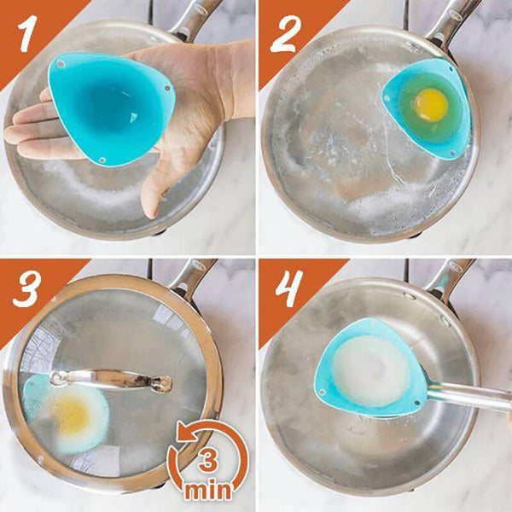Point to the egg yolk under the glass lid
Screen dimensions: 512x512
point(73,414)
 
